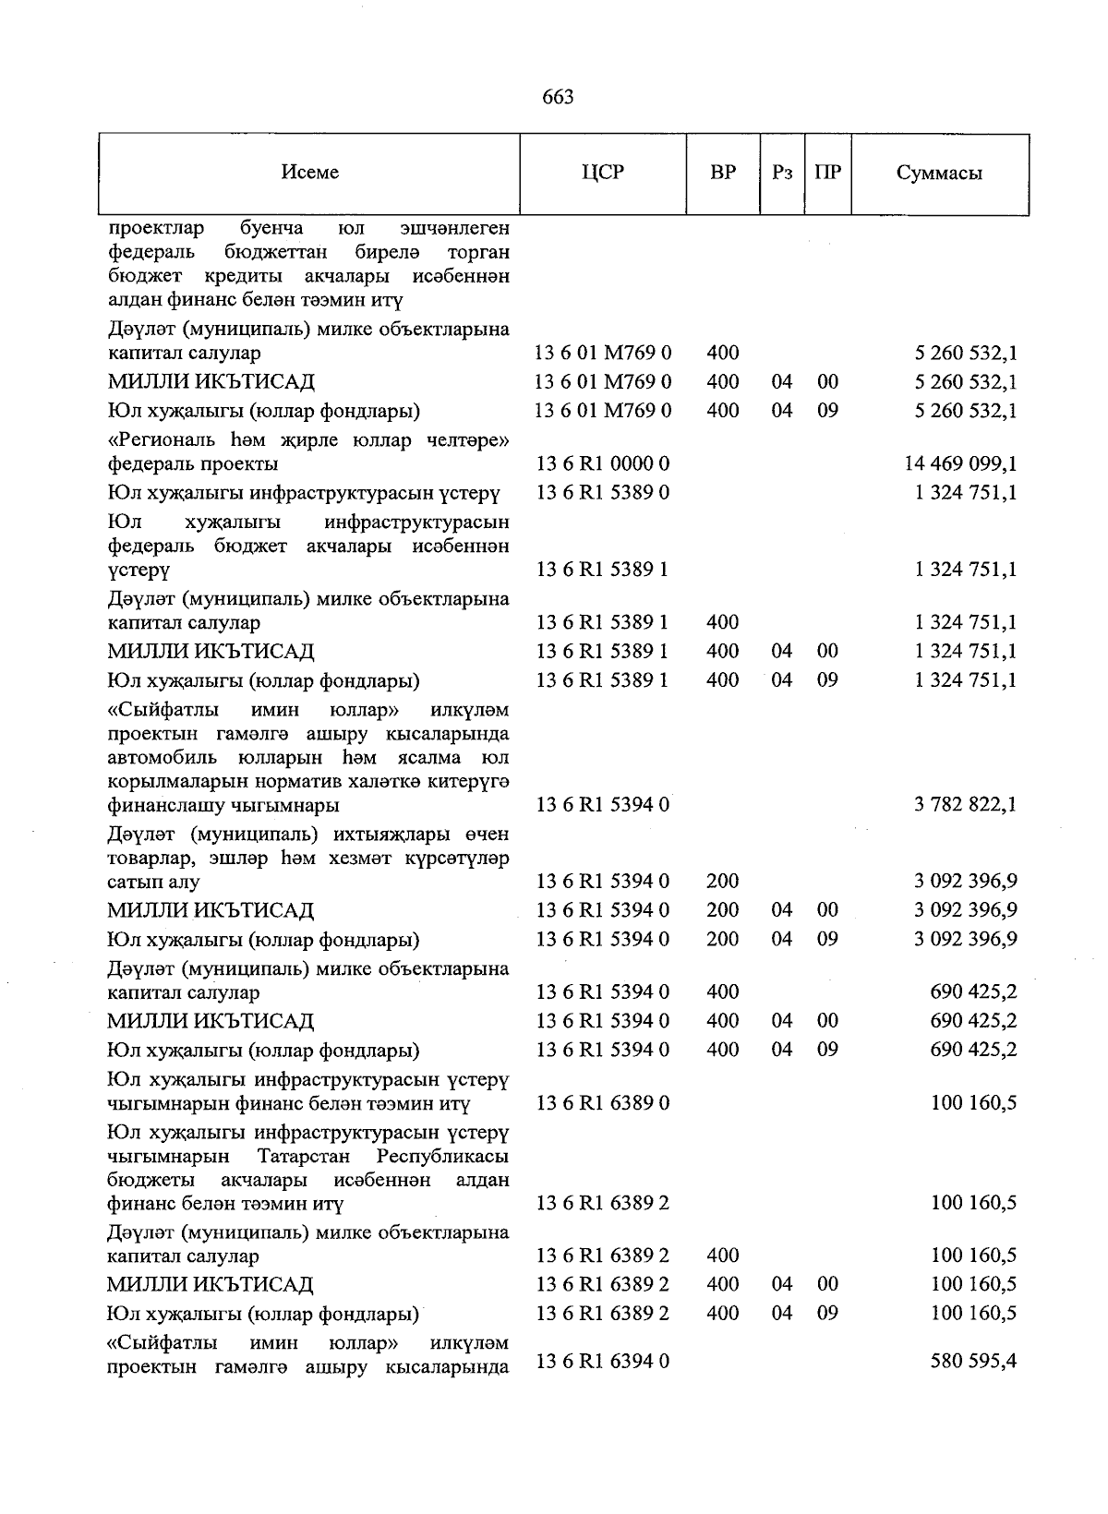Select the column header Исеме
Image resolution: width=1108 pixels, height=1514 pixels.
[310, 173]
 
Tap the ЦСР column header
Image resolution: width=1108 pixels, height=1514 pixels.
[603, 173]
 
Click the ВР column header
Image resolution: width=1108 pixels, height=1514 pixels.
[723, 173]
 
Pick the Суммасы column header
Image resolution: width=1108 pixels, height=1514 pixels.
[939, 174]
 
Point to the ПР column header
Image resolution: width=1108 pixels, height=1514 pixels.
[828, 173]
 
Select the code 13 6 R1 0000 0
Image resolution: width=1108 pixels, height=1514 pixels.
[603, 463]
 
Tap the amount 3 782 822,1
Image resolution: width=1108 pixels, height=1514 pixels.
[966, 804]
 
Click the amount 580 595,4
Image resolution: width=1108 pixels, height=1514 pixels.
[974, 1359]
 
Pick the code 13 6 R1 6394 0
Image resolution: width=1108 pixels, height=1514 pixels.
[603, 1359]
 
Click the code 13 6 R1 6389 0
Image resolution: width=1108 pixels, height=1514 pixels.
[603, 1103]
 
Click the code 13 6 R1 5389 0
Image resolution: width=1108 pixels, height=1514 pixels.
[603, 493]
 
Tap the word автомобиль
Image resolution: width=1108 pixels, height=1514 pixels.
[163, 758]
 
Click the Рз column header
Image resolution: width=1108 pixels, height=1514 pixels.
[782, 173]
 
